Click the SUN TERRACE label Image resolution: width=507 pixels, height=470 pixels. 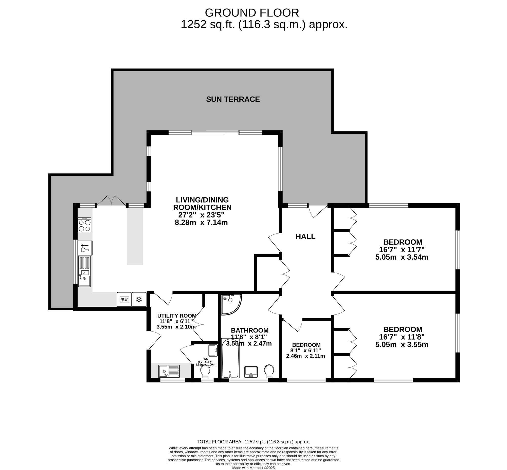pyautogui.click(x=233, y=99)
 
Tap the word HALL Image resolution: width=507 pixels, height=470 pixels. pyautogui.click(x=305, y=237)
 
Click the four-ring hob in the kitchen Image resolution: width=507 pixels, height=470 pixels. pyautogui.click(x=85, y=225)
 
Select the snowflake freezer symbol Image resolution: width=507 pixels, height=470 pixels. pyautogui.click(x=139, y=299)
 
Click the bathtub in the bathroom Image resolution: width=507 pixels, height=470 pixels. pyautogui.click(x=230, y=358)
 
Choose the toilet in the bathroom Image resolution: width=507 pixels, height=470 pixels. pyautogui.click(x=269, y=371)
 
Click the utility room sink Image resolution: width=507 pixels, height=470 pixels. pyautogui.click(x=169, y=371)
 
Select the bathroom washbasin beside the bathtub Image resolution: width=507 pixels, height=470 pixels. pyautogui.click(x=251, y=372)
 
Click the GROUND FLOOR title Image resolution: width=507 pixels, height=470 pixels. pyautogui.click(x=252, y=13)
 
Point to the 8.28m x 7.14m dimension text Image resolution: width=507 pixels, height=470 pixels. pyautogui.click(x=201, y=223)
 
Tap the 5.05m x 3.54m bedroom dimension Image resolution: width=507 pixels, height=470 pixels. pyautogui.click(x=402, y=257)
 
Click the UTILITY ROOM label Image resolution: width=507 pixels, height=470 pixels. pyautogui.click(x=177, y=316)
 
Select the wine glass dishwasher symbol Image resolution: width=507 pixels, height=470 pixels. pyautogui.click(x=85, y=248)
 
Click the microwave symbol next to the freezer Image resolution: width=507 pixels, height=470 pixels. pyautogui.click(x=124, y=299)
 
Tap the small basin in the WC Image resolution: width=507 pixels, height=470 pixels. pyautogui.click(x=213, y=350)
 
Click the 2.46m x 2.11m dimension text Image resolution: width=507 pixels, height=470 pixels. pyautogui.click(x=305, y=356)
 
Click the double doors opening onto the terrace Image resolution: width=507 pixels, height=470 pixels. pyautogui.click(x=111, y=201)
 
